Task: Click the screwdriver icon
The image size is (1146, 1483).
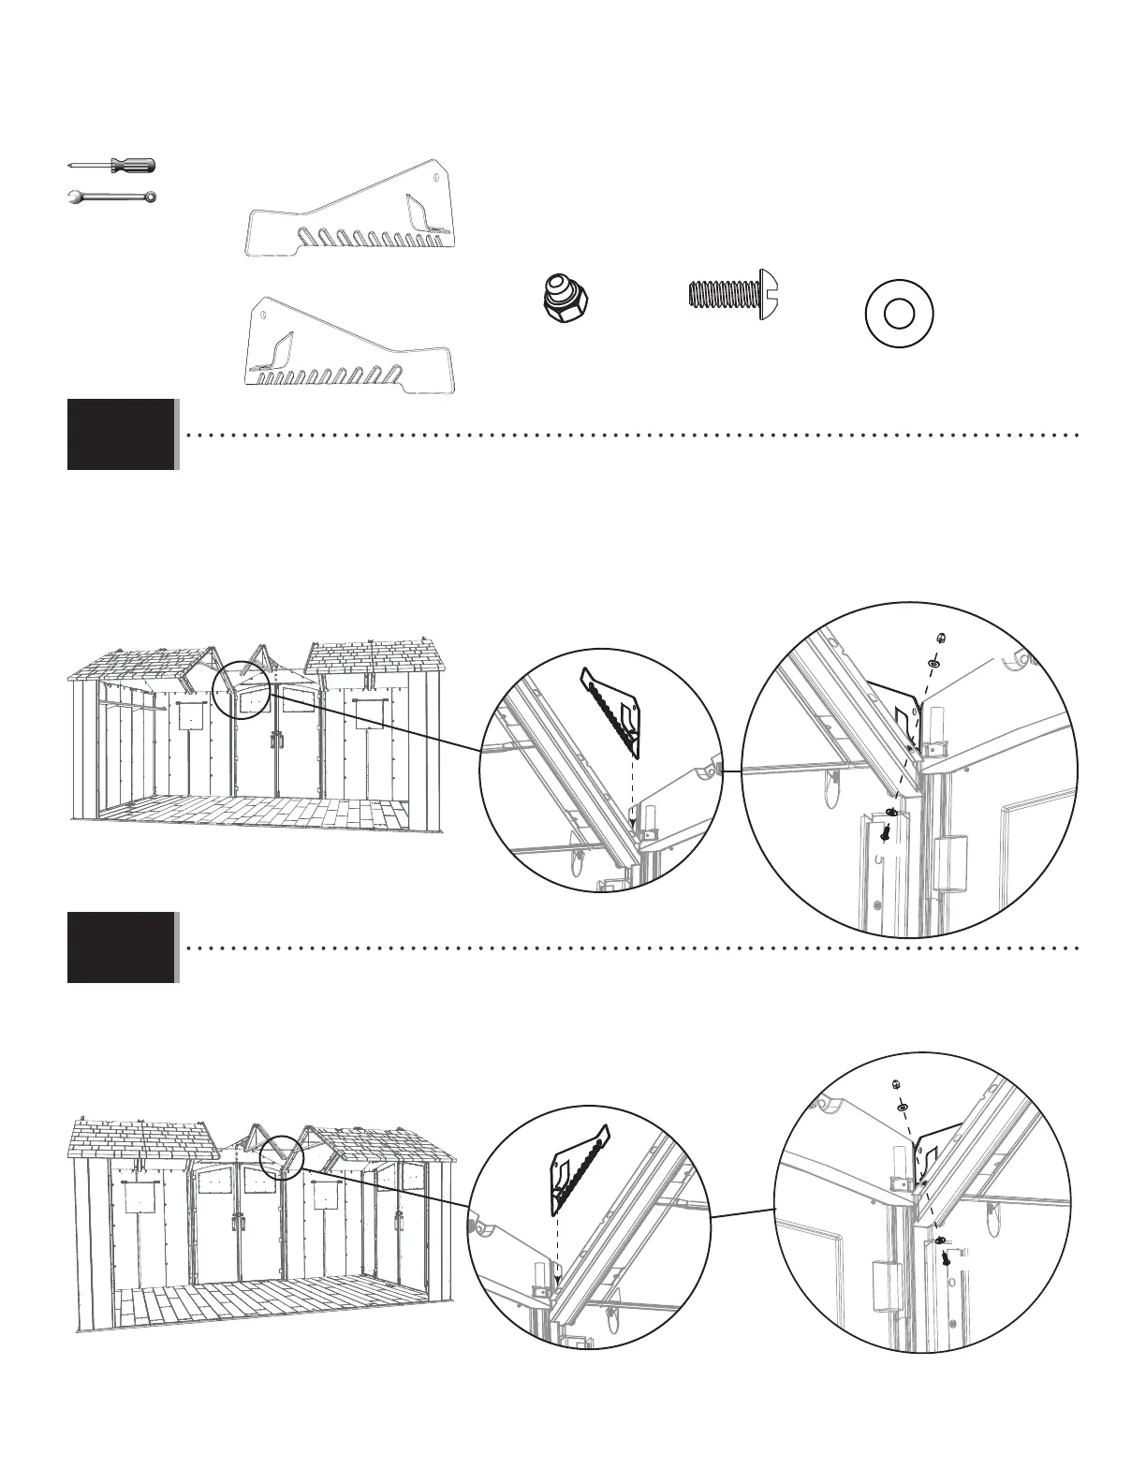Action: click(113, 166)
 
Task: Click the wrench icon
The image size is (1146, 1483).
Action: click(113, 198)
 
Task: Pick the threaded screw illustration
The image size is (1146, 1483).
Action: click(736, 294)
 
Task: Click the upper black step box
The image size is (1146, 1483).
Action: click(122, 434)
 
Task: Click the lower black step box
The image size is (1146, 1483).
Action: click(122, 947)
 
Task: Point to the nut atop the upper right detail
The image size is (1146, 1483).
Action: click(940, 638)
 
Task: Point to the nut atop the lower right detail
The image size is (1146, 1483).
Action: click(895, 1085)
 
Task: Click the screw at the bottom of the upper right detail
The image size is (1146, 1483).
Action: click(885, 830)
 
